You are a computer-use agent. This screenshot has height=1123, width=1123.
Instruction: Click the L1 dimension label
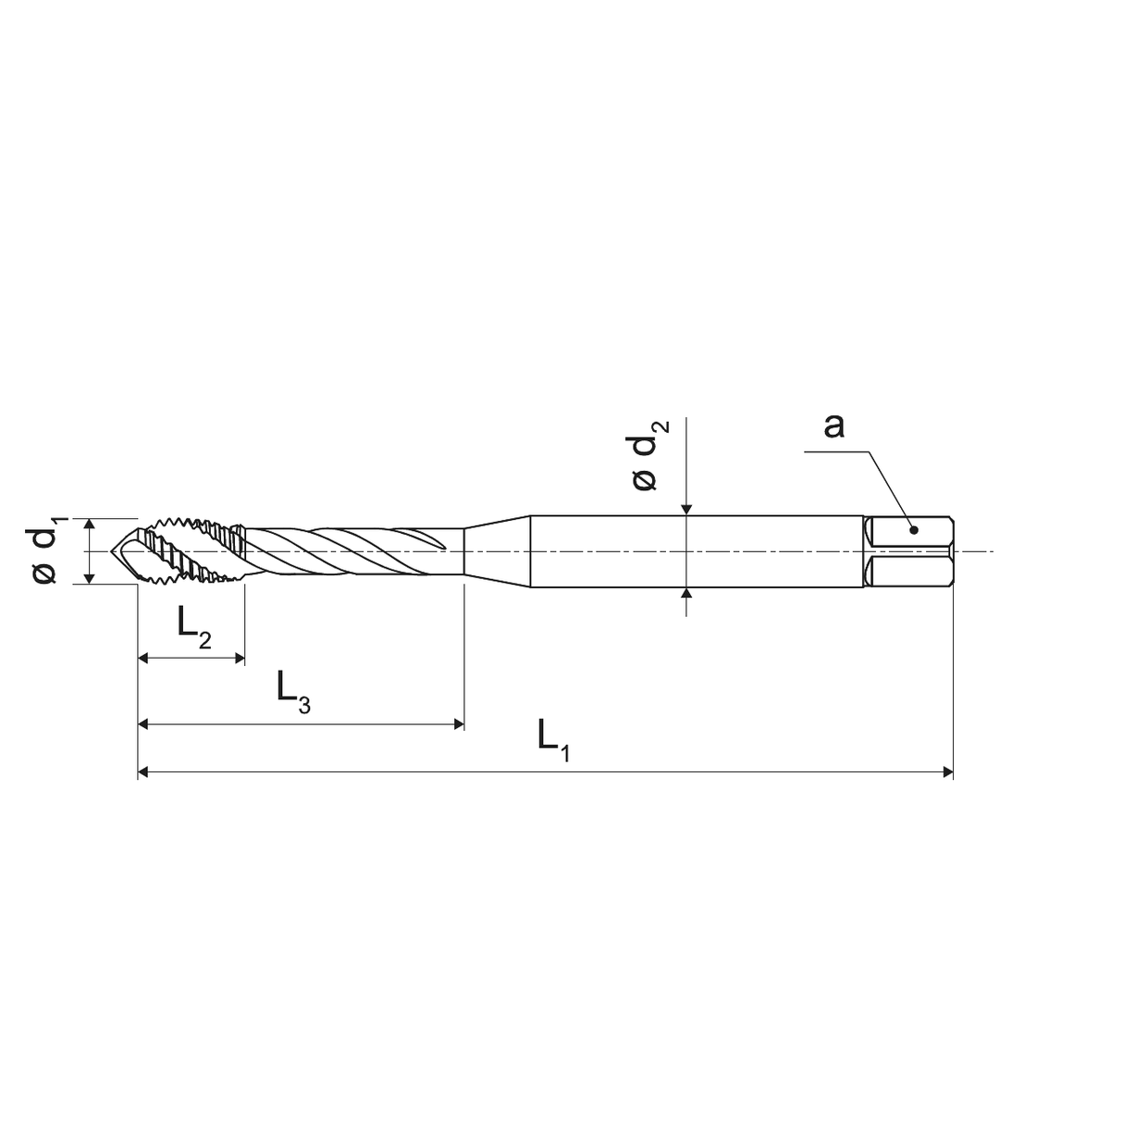[552, 739]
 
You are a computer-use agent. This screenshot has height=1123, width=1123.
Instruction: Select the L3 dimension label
[293, 691]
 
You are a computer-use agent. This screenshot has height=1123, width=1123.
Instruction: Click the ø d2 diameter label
[648, 455]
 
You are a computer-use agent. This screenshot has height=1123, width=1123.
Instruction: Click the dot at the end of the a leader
[913, 530]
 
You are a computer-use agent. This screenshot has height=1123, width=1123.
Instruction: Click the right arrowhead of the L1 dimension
[946, 771]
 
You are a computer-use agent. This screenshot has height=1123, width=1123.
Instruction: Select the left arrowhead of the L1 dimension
[144, 771]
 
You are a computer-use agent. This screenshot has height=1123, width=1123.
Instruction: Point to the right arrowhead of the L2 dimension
[239, 659]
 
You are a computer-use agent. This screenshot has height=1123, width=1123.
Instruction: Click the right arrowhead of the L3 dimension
[457, 724]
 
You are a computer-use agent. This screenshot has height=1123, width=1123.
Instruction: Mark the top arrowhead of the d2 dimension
[685, 508]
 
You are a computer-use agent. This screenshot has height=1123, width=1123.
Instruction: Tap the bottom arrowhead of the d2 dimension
[685, 595]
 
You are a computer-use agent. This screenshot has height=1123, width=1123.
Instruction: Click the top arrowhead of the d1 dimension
[90, 524]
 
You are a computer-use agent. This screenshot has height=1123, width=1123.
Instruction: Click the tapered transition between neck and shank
[496, 551]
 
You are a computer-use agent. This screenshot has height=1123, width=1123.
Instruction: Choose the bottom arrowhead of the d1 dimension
[90, 578]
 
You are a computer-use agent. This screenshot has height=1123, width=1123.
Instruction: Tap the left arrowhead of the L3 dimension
[144, 724]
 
